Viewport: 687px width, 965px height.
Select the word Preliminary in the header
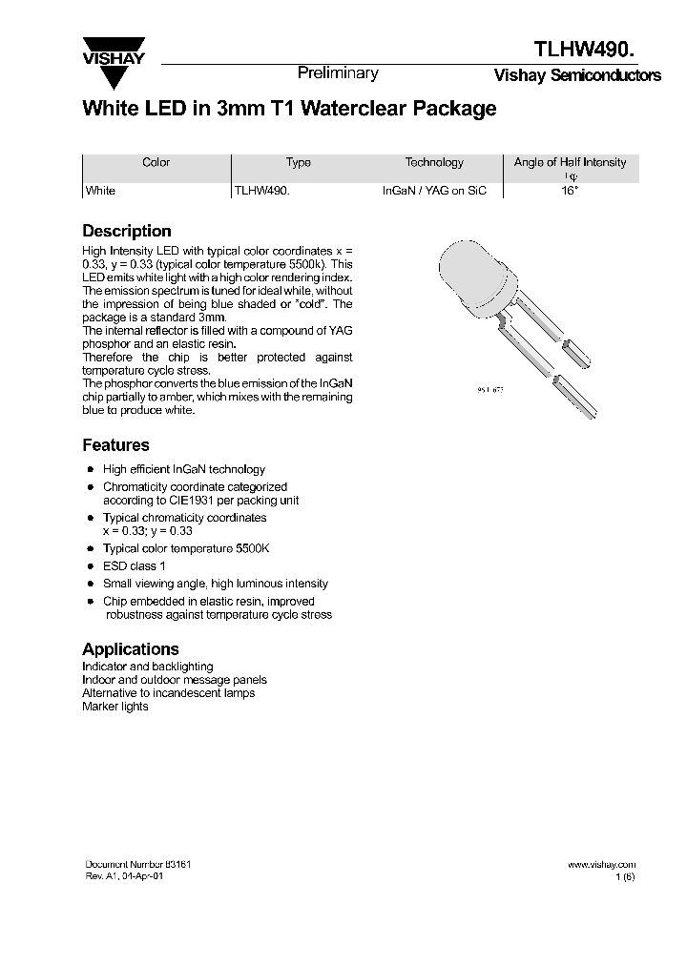338,73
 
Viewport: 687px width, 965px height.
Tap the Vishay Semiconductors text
576,76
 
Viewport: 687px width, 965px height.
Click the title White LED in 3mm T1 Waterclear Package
289,109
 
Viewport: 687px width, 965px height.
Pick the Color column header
156,162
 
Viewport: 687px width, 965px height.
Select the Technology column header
434,162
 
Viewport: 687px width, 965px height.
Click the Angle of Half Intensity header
570,162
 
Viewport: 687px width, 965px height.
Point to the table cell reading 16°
570,191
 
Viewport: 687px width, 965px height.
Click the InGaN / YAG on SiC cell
434,191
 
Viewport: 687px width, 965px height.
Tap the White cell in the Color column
100,191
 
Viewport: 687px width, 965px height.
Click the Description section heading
127,231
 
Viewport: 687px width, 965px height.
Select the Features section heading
115,445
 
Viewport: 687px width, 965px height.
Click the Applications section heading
131,648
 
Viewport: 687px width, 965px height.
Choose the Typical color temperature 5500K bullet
186,549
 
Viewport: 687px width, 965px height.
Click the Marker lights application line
115,707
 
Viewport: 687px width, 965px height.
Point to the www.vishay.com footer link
601,864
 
